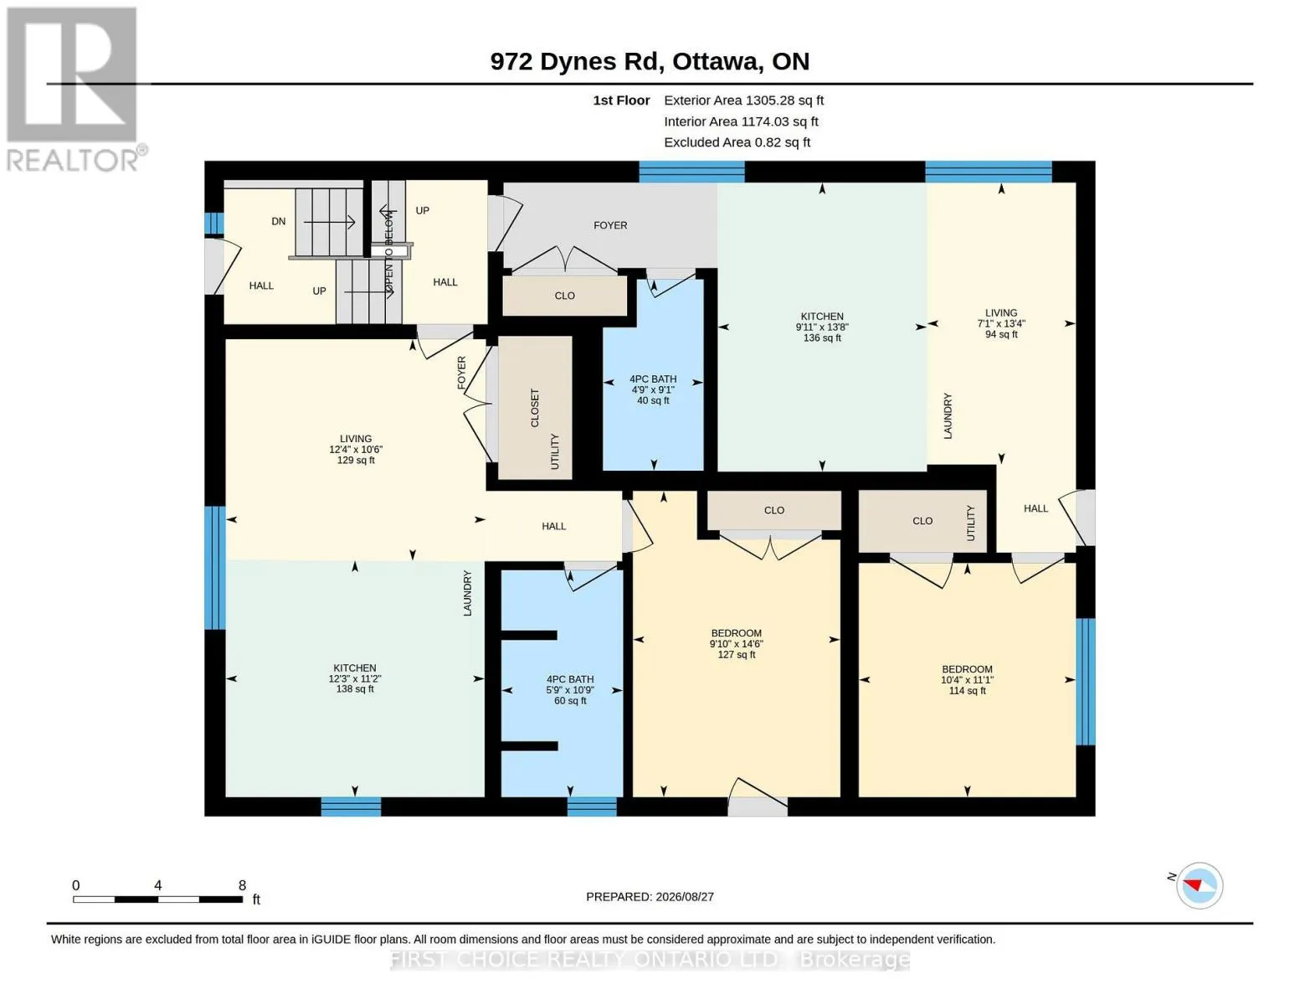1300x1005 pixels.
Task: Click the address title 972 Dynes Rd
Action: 574,62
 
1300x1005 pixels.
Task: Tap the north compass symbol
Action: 1199,885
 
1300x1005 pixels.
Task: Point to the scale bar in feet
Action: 158,899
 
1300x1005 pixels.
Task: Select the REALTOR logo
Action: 75,90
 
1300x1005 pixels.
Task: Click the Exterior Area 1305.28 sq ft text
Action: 743,100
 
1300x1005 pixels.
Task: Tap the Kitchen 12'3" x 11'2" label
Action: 355,678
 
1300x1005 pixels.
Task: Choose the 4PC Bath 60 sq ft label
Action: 569,689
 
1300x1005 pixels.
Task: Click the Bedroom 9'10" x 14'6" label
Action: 737,643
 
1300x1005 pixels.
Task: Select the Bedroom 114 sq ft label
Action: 967,679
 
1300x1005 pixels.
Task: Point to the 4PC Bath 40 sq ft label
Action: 653,389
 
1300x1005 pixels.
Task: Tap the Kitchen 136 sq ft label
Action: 822,327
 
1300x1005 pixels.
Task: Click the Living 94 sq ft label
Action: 1001,323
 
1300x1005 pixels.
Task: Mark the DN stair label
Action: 278,221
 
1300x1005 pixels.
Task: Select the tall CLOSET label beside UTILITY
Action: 535,408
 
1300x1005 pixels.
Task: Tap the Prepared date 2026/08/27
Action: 650,897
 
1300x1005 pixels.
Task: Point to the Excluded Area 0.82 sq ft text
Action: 737,142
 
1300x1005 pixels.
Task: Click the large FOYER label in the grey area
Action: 610,225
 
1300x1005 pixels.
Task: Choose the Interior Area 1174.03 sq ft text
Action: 741,121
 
